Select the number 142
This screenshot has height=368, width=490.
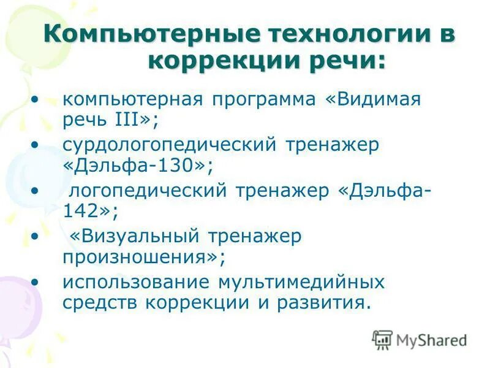click(x=80, y=212)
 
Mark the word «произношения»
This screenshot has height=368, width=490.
click(x=134, y=257)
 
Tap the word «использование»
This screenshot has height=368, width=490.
click(x=134, y=282)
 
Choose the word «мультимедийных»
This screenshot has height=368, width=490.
click(x=300, y=282)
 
